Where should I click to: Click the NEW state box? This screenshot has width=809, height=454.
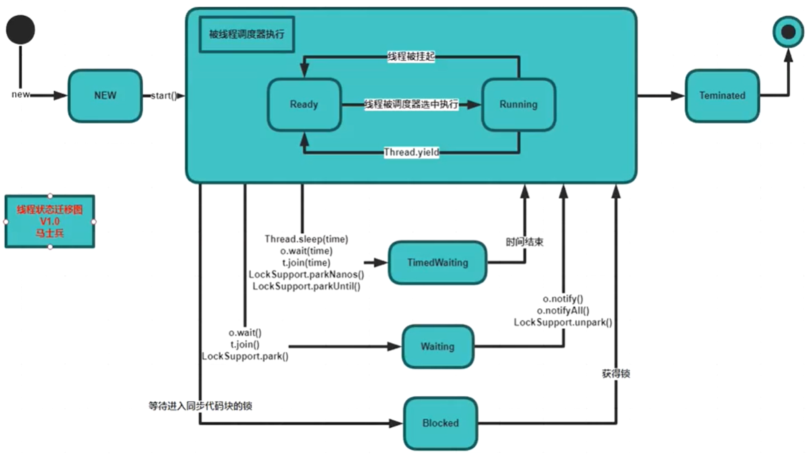coord(105,96)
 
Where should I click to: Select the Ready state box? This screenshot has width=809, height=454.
coord(304,105)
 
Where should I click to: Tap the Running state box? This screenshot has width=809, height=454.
coord(519,105)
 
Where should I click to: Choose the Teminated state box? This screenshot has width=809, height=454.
coord(722,96)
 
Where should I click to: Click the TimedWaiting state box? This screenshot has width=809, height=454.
coord(438,263)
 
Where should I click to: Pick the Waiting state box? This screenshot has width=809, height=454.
coord(438,347)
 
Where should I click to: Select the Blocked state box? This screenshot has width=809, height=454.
coord(440,423)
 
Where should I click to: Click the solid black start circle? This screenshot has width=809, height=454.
coord(21,30)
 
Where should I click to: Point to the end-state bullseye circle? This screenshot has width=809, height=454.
coord(788,32)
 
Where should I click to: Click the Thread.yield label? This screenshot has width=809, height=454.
coord(411,152)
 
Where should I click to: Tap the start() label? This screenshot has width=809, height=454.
coord(164,96)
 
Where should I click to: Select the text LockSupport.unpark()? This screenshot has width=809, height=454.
coord(563,323)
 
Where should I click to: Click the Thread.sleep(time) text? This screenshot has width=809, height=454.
coord(307,239)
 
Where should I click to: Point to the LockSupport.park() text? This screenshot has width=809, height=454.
coord(245,356)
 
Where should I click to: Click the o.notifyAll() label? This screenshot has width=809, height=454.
coord(563,311)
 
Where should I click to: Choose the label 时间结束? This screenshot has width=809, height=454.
coord(525,242)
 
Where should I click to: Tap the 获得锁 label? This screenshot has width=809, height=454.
coord(616,374)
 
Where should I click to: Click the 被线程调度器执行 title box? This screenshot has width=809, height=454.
coord(246,34)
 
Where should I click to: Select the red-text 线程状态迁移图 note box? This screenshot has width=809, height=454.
coord(50,221)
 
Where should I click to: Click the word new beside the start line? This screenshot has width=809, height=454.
coord(21,94)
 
